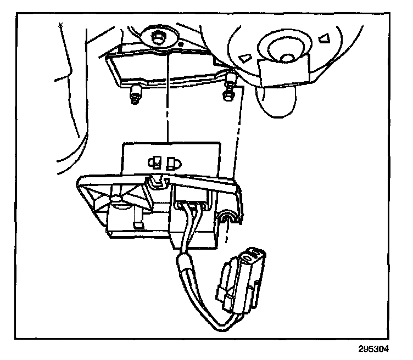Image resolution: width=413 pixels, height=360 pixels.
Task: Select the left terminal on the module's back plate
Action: click(x=156, y=162)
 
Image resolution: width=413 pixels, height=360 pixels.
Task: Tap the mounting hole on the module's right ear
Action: click(x=225, y=220)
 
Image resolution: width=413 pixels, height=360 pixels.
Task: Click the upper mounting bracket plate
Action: click(x=170, y=69)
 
